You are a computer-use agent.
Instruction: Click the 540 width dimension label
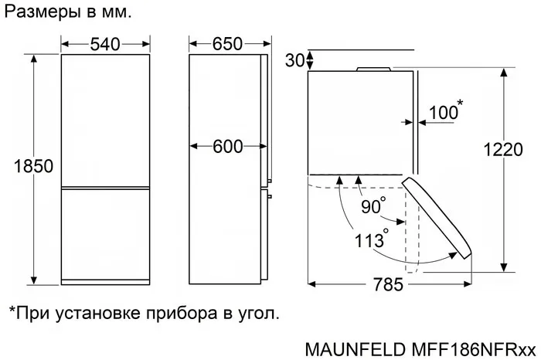[105, 45]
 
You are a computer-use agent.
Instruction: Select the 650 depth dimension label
[227, 45]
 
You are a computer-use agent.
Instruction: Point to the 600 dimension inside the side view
[228, 147]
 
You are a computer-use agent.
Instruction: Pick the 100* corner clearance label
[445, 113]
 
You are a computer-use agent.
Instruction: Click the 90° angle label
[373, 206]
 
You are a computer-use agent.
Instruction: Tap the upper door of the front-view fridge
[105, 120]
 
